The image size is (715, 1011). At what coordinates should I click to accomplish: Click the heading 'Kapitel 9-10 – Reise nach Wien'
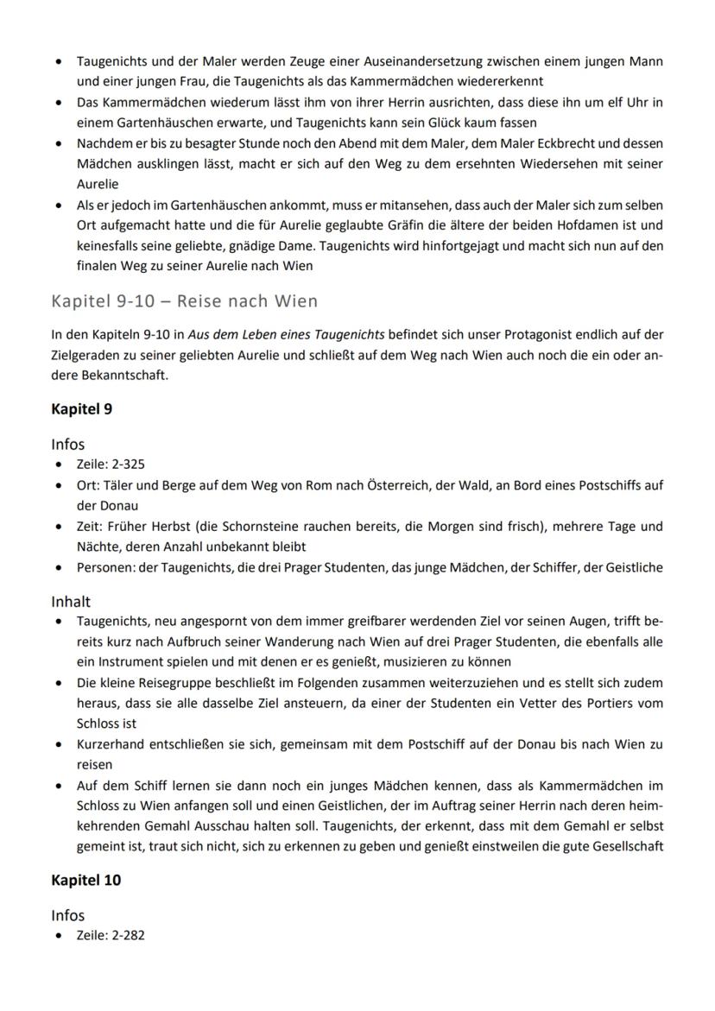point(184,301)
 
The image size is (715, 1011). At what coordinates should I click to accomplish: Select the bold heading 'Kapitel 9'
point(81,409)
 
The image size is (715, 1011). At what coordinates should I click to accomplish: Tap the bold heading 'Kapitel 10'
point(85,880)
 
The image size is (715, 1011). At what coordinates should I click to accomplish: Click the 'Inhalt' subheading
point(71,601)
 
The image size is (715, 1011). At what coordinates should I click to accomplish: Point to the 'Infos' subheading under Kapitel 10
point(68,915)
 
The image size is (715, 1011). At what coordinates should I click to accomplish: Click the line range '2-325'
point(126,464)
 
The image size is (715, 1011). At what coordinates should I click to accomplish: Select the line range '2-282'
point(126,934)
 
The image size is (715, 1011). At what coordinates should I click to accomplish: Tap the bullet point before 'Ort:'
point(58,484)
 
